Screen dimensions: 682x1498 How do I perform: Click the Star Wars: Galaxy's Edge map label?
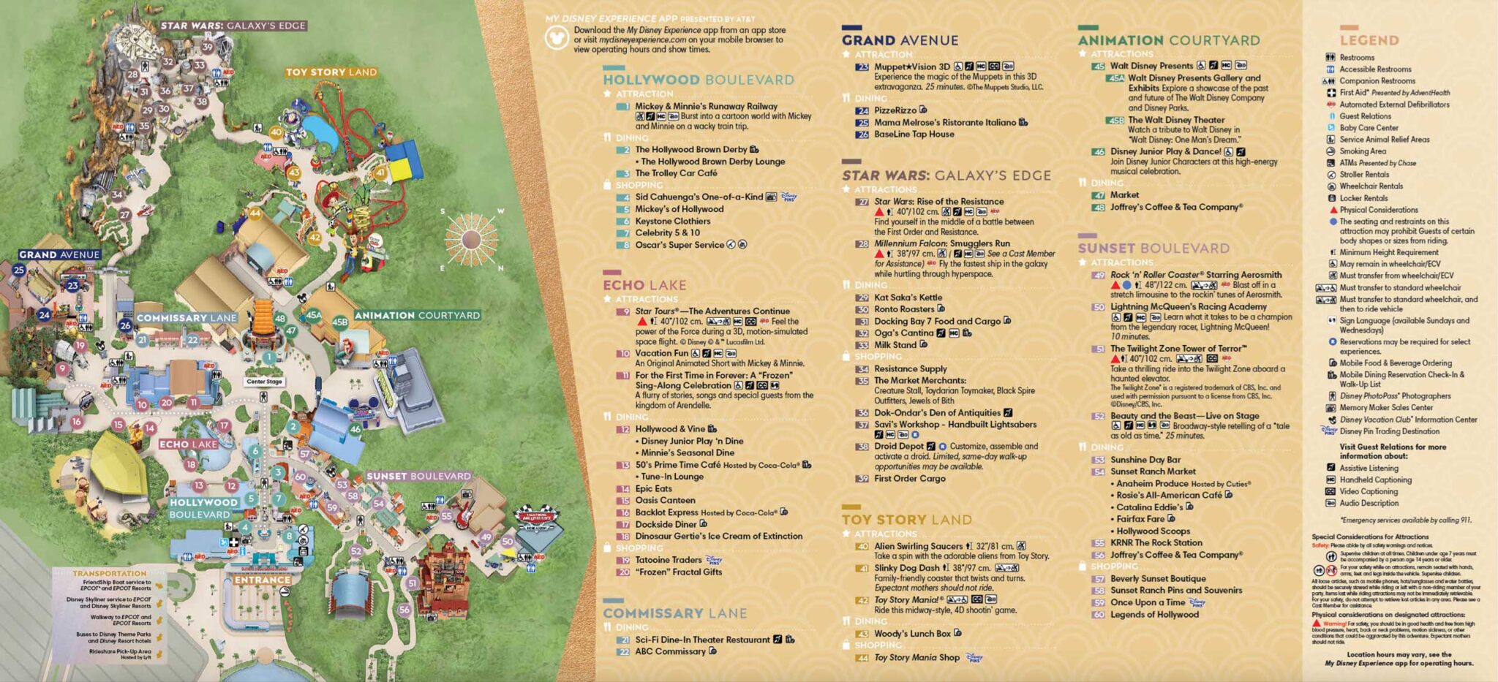[x=233, y=26]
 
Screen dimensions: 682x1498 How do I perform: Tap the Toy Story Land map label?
[x=331, y=72]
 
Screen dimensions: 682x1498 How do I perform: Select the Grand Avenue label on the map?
[x=59, y=254]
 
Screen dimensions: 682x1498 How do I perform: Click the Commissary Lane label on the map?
[x=187, y=318]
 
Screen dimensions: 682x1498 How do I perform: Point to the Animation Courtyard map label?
[x=417, y=316]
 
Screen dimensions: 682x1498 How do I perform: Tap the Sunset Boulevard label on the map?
[x=418, y=476]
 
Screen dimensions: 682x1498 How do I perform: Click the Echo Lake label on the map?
[x=188, y=444]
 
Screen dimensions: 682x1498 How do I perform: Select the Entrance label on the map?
[x=263, y=580]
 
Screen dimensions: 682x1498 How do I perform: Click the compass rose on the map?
[x=470, y=239]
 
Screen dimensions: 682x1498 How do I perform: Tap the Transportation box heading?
[x=109, y=573]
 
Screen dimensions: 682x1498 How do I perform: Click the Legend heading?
[x=1369, y=40]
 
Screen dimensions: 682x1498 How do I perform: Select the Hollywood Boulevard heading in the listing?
[x=698, y=80]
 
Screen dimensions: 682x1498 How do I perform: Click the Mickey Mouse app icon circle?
[x=557, y=37]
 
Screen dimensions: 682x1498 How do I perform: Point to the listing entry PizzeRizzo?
[x=895, y=110]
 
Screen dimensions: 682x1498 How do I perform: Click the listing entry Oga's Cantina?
[x=903, y=333]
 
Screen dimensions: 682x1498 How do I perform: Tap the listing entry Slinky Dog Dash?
[x=906, y=568]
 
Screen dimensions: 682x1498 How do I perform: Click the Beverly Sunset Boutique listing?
[x=1157, y=578]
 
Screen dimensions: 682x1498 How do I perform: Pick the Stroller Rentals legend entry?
[x=1363, y=175]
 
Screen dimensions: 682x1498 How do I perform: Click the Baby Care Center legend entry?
[x=1369, y=128]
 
